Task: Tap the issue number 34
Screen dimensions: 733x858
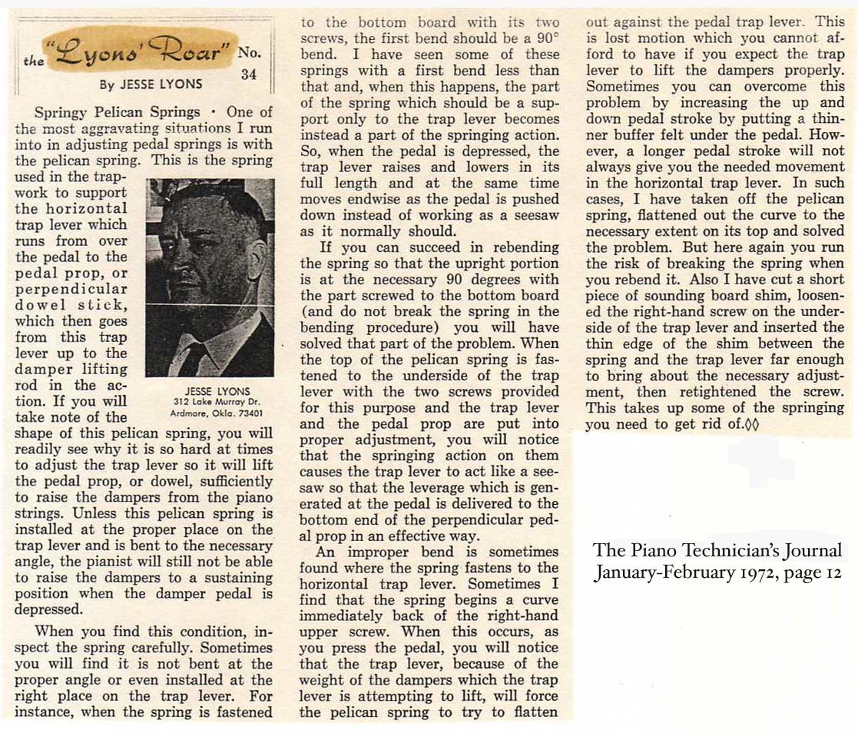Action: pyautogui.click(x=248, y=75)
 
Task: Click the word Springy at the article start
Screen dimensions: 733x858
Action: pyautogui.click(x=61, y=112)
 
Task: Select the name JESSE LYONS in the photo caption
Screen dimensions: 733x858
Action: pyautogui.click(x=209, y=390)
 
